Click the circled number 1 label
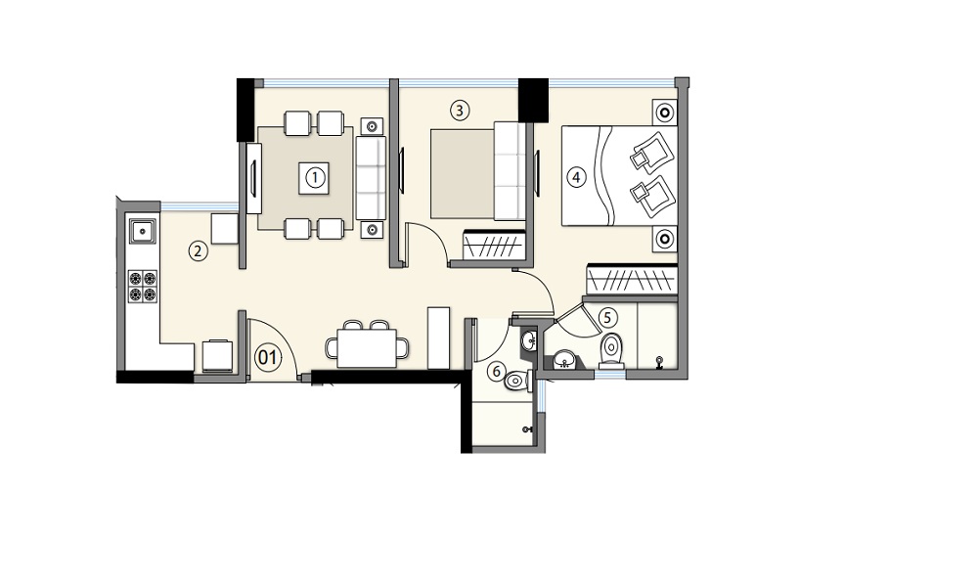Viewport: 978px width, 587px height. tap(315, 178)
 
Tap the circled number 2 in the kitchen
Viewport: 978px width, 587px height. tap(198, 252)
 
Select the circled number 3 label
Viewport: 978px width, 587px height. tap(460, 111)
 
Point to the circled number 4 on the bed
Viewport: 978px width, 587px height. tap(576, 177)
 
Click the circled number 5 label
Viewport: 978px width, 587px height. tap(608, 318)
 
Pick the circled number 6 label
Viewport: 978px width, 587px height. tap(497, 372)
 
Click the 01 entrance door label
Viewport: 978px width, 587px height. tap(268, 358)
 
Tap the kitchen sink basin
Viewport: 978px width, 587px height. tap(143, 232)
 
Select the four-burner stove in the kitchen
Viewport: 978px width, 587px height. tap(143, 287)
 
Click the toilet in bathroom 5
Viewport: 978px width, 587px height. tap(611, 349)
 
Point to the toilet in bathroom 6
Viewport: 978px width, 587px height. tap(517, 380)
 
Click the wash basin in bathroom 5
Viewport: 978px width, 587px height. tap(566, 360)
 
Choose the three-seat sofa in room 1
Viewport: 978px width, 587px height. tap(371, 178)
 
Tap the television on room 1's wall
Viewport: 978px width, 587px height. tap(254, 178)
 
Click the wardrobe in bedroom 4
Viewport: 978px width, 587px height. tap(632, 279)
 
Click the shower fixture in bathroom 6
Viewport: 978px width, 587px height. tap(528, 429)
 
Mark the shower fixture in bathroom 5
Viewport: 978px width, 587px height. tap(658, 361)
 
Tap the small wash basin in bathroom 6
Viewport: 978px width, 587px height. tap(529, 340)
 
